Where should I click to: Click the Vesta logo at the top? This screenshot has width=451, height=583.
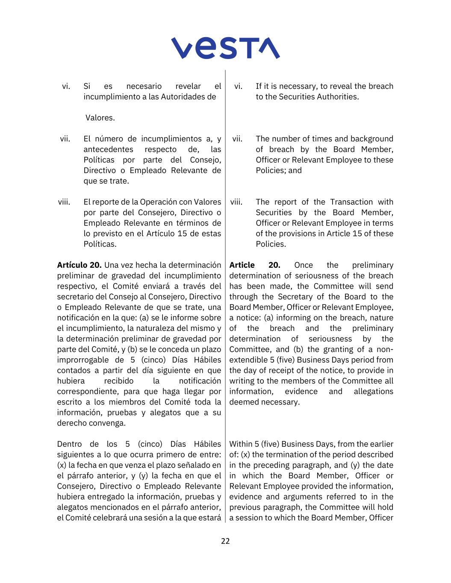[x=225, y=48]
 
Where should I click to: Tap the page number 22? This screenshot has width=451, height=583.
[x=225, y=541]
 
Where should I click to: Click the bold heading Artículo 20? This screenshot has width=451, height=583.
[x=79, y=265]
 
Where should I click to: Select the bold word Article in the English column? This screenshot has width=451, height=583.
[x=242, y=265]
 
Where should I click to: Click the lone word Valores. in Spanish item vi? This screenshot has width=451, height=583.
[x=100, y=118]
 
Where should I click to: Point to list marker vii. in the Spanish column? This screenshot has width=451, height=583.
[x=65, y=139]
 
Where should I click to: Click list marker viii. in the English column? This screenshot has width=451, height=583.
[x=236, y=202]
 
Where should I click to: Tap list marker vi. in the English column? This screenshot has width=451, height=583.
[x=238, y=86]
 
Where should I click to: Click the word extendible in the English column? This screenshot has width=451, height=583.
[x=245, y=360]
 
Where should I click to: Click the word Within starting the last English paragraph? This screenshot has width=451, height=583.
[x=241, y=444]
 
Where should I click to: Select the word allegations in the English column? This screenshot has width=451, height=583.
[x=373, y=392]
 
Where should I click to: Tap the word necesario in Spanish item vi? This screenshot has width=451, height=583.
[x=144, y=86]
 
